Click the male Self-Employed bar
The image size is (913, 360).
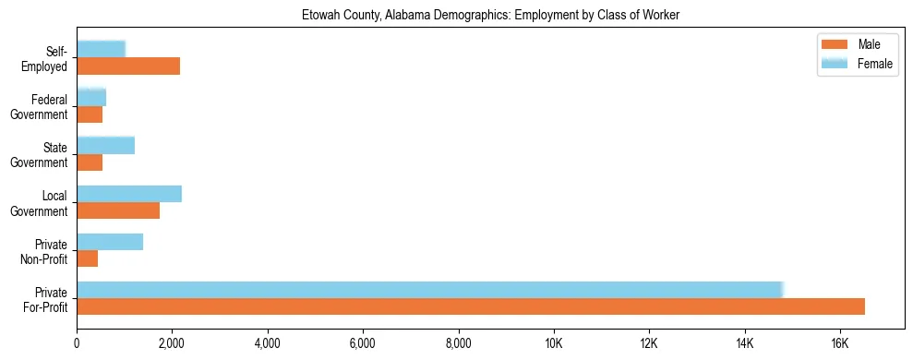128,66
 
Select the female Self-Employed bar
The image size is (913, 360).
101,49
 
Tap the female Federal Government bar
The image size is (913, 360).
91,97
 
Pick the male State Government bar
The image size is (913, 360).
90,162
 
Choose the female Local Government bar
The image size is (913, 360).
129,194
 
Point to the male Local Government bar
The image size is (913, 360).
118,210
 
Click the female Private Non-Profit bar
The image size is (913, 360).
110,242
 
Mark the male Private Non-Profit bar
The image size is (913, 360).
87,258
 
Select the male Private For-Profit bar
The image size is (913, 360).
471,306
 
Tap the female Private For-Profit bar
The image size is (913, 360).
430,290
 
